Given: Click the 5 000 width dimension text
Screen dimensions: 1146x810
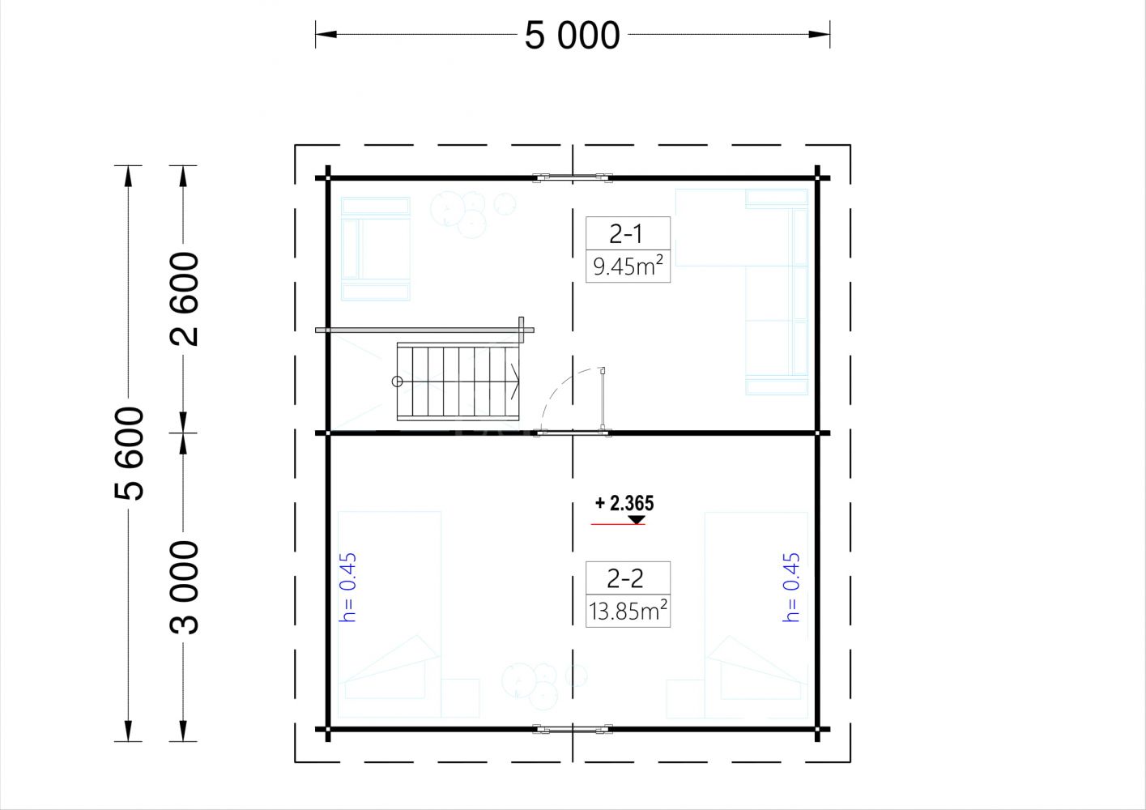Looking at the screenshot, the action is [573, 36].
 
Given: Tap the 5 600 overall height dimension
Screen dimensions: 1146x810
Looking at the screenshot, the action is [129, 454].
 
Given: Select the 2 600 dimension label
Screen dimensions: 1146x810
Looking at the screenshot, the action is [184, 299].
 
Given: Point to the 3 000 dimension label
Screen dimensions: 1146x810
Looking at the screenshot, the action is [184, 587].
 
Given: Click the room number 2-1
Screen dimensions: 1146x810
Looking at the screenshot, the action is [626, 234].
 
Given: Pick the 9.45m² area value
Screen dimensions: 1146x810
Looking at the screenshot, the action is [628, 266].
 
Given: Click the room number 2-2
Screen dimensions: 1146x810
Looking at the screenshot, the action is [625, 578].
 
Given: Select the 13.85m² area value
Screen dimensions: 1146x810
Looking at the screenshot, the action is [628, 610].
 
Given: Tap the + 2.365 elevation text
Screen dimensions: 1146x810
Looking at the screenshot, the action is [624, 504].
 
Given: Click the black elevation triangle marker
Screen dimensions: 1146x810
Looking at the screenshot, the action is [636, 520].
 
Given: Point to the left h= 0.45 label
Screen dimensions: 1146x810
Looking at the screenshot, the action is [348, 587].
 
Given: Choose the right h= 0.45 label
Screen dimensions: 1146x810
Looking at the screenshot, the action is [791, 587].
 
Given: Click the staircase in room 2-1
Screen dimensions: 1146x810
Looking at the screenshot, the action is [458, 382].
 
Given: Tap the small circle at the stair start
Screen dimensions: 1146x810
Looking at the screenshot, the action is [397, 382].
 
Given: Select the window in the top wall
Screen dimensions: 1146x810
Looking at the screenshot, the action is [573, 177].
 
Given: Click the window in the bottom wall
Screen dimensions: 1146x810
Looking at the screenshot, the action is [573, 729].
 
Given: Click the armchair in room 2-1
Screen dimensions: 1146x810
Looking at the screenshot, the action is [376, 249].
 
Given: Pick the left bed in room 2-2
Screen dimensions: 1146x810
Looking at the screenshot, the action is [390, 615].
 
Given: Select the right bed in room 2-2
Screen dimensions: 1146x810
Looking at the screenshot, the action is [756, 615].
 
